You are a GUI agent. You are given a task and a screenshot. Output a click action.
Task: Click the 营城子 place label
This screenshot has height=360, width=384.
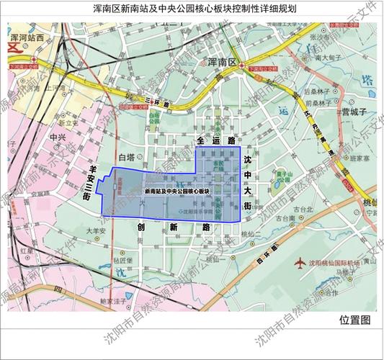pyautogui.click(x=354, y=112)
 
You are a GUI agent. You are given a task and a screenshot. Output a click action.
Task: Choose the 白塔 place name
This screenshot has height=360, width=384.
pyautogui.click(x=126, y=156)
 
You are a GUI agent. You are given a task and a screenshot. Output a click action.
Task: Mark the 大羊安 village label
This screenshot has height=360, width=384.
pyautogui.click(x=97, y=231)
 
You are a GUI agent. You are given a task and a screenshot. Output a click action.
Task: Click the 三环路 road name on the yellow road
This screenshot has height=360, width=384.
pyautogui.click(x=156, y=103)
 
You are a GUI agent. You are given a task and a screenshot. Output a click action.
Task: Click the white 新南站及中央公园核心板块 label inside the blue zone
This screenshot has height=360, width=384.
pyautogui.click(x=177, y=192)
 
